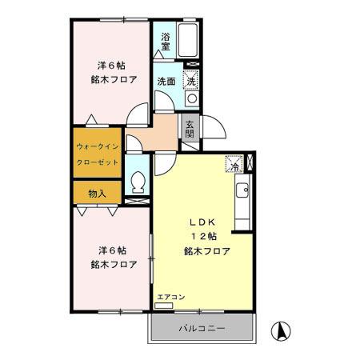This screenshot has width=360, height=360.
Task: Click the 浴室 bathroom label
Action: (x=166, y=42)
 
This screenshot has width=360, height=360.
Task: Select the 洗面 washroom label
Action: (x=166, y=82)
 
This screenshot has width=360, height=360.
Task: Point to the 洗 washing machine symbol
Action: (x=191, y=80)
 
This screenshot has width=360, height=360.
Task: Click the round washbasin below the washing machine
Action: (x=191, y=98)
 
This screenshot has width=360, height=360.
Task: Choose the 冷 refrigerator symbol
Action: (x=234, y=166)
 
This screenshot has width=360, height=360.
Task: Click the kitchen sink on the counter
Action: (x=242, y=191)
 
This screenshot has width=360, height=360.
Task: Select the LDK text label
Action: (x=200, y=221)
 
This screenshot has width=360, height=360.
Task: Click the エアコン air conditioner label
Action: (x=170, y=297)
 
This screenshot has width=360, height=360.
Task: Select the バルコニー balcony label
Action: (x=201, y=329)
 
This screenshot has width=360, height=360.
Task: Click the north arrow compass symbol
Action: (x=281, y=329)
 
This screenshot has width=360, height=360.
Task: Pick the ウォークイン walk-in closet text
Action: (x=98, y=147)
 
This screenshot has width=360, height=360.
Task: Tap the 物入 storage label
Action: (x=97, y=193)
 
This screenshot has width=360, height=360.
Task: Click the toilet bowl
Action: (x=137, y=182)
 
